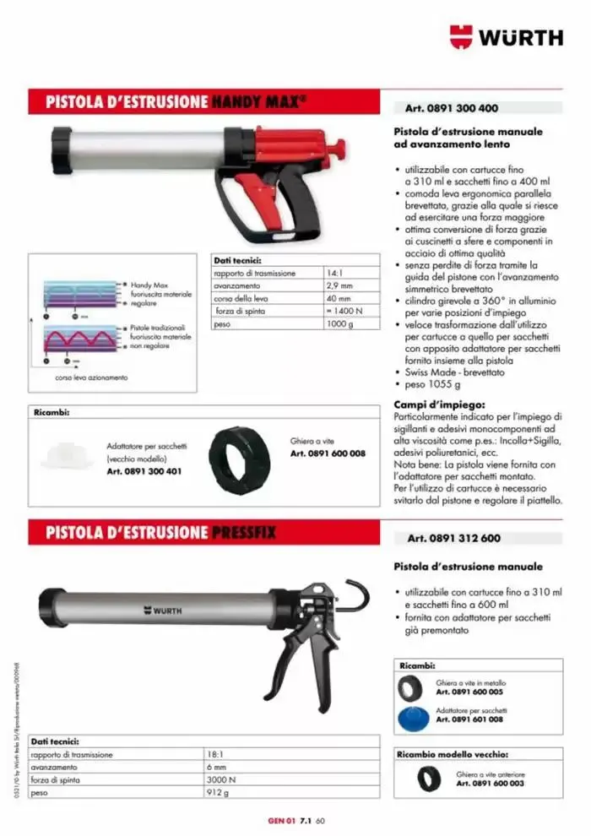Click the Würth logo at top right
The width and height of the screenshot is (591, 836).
(506, 36)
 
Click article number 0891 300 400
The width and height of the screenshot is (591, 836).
(452, 108)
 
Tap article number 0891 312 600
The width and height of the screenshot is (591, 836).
(453, 538)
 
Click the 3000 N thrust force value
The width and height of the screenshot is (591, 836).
(221, 780)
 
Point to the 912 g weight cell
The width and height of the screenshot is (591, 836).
(218, 794)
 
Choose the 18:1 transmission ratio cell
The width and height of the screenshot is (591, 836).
(214, 753)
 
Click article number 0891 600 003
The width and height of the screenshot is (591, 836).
(491, 784)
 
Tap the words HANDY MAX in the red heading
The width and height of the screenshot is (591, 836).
(257, 102)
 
